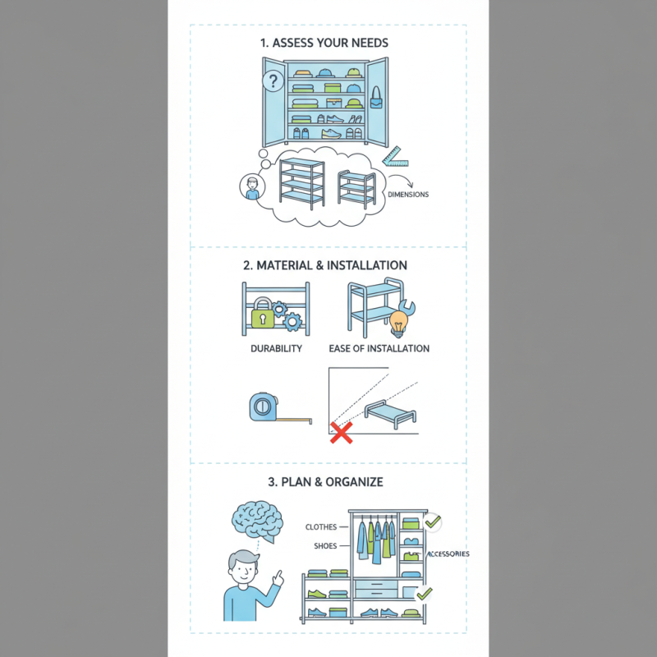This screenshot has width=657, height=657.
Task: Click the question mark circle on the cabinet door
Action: [x=273, y=80]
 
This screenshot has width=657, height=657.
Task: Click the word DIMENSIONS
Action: [x=408, y=195]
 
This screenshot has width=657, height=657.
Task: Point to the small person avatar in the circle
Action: [x=252, y=187]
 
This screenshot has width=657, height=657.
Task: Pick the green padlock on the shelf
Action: [x=261, y=315]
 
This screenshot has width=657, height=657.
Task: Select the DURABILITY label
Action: [x=276, y=348]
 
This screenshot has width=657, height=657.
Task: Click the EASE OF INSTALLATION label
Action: [x=379, y=348]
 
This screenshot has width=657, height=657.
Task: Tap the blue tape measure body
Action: [x=261, y=407]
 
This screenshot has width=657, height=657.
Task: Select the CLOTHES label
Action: [x=321, y=527]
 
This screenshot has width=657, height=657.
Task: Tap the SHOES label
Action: [x=325, y=546]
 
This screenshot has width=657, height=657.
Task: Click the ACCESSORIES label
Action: [x=448, y=554]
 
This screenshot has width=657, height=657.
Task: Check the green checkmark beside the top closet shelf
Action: [x=433, y=521]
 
